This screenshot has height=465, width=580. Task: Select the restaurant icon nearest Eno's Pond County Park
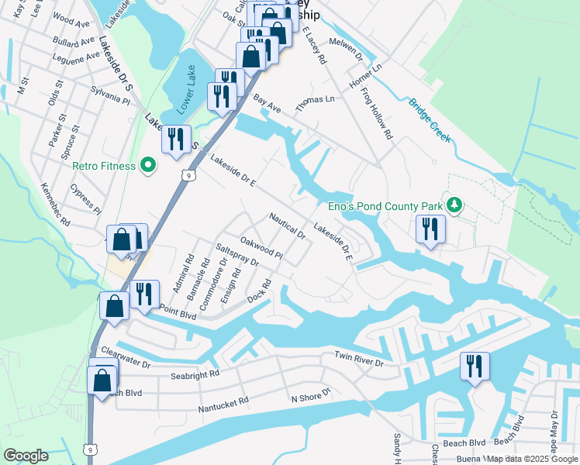(x=428, y=229)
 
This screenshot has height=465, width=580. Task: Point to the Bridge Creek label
(x=429, y=120)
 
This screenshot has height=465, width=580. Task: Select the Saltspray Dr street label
(x=237, y=257)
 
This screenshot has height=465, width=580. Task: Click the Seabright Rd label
(x=195, y=374)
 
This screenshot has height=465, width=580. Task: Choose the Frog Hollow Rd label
(x=377, y=114)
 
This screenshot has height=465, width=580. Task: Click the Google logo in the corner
(x=26, y=456)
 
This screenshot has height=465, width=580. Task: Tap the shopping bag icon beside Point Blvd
(x=114, y=305)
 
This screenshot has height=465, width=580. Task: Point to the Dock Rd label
(x=257, y=292)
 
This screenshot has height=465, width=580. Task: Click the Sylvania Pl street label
(x=110, y=99)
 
